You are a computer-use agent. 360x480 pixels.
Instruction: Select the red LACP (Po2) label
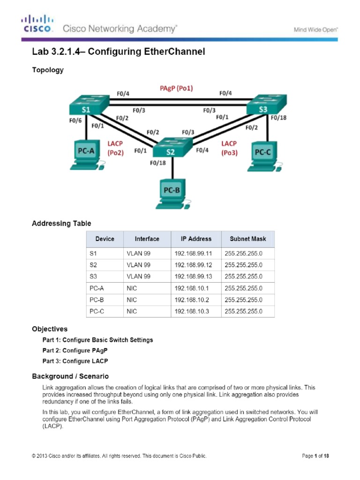(115, 148)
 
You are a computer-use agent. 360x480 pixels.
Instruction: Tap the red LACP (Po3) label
(229, 148)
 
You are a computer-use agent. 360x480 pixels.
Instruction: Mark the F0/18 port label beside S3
(278, 118)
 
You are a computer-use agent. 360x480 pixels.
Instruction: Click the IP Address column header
(196, 239)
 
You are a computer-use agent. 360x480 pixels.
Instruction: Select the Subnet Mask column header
(247, 239)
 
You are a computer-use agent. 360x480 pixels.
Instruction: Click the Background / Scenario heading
(70, 376)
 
